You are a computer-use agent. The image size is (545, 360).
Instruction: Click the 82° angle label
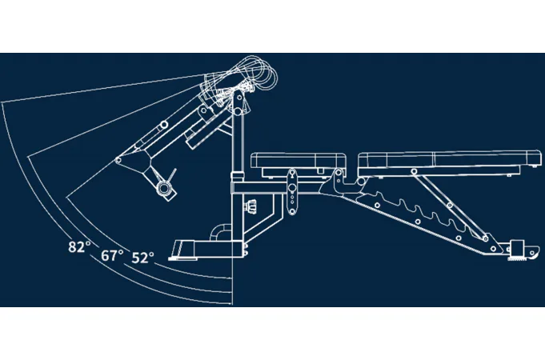[x=79, y=246]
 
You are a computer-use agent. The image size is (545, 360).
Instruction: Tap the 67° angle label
[x=112, y=255]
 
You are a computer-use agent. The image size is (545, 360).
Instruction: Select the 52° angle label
[x=143, y=258]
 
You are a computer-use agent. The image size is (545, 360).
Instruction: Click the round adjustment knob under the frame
[x=251, y=206]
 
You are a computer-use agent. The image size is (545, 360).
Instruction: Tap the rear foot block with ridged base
[x=517, y=250]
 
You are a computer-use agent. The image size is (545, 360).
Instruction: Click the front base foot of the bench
[x=205, y=250]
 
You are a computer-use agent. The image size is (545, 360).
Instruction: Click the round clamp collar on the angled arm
[x=163, y=189]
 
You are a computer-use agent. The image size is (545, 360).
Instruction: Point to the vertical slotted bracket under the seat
[x=292, y=192]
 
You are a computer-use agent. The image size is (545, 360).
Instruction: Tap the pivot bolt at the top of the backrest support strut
[x=414, y=171]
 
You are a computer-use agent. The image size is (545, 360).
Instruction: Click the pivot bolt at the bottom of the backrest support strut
[x=485, y=238]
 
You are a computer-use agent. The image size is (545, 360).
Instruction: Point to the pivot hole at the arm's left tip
[x=118, y=160]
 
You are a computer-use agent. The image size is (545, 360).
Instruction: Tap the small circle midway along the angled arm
[x=164, y=125]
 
